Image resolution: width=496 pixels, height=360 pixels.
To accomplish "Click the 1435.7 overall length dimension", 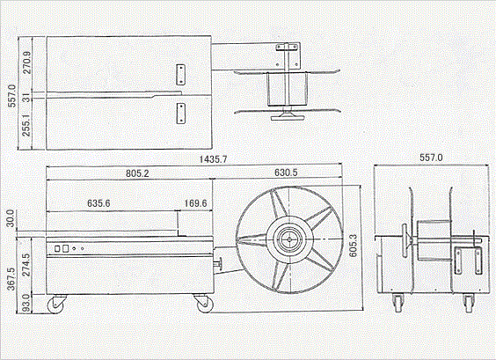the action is coord(213,159).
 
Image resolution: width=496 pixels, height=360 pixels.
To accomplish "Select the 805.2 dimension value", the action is coord(137,173).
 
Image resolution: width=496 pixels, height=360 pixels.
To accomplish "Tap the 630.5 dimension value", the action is coord(286,173).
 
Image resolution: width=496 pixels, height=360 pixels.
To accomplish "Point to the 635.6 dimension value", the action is coord(98,203).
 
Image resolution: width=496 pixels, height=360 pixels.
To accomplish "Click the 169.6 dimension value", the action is coord(195,203).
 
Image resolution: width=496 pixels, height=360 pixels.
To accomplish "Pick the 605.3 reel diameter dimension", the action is coord(353,246).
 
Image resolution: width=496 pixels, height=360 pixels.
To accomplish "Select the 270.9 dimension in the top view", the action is coord(27,62).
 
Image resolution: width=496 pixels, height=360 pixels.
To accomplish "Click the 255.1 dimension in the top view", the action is coord(27,125).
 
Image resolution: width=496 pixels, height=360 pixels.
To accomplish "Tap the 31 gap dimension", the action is coord(27,98).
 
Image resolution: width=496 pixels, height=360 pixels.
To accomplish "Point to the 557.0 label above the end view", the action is coord(431,158).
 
